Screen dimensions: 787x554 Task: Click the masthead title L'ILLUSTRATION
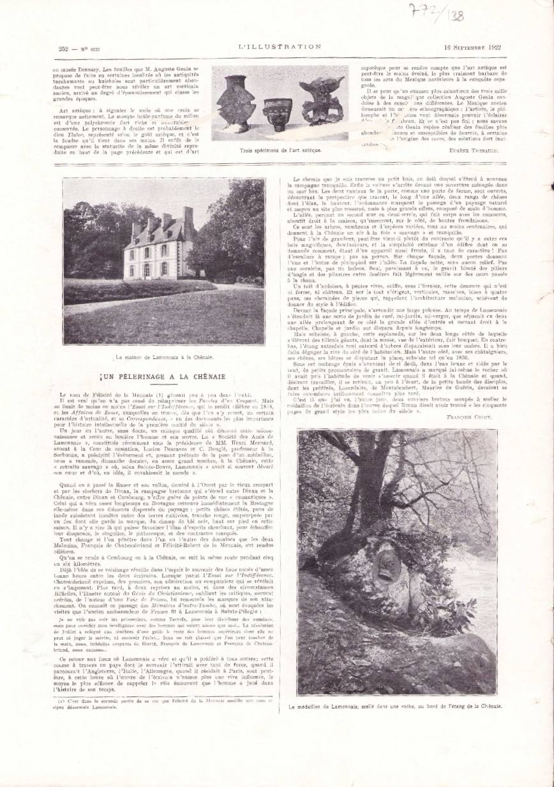point(279,47)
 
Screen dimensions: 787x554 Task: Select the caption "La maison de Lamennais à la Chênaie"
point(163,358)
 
